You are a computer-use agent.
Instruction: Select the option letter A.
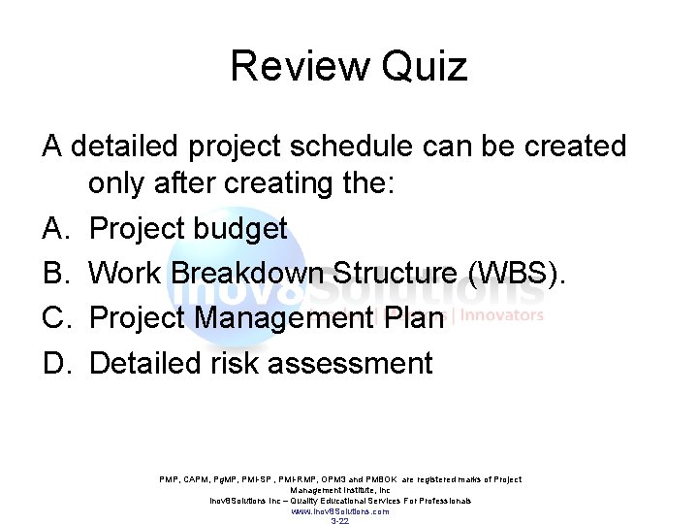pos(53,229)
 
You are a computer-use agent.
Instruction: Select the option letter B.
pos(53,274)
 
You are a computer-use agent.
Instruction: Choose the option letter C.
pos(53,318)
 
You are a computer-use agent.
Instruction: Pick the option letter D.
pos(53,363)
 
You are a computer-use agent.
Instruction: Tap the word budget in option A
pos(242,229)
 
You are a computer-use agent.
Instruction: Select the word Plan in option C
pos(413,318)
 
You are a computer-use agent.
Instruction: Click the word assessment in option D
pos(350,363)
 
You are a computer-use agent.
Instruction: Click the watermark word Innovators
pos(502,315)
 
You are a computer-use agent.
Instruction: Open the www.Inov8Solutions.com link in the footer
pos(339,511)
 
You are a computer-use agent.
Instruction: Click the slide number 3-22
pos(339,521)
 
